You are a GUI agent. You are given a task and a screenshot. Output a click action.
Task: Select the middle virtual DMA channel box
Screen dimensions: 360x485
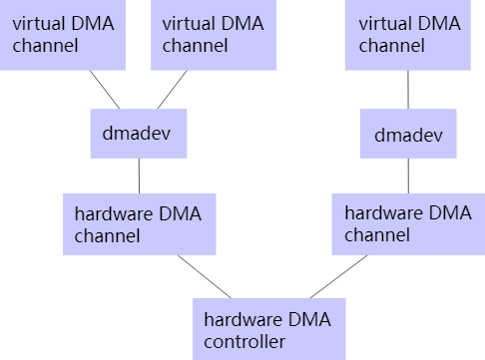point(213,35)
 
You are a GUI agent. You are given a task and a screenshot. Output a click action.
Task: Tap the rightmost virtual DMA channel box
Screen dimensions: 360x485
point(406,35)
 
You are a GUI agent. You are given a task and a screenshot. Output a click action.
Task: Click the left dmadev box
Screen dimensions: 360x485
point(138,133)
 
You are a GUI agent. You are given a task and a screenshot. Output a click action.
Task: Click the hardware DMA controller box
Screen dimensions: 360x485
point(268,329)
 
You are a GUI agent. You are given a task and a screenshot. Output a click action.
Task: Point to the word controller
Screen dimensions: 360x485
point(244,342)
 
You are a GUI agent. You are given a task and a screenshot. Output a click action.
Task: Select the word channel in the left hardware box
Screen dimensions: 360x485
point(107,236)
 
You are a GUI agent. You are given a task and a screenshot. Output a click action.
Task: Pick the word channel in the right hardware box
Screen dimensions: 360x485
point(376,236)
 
